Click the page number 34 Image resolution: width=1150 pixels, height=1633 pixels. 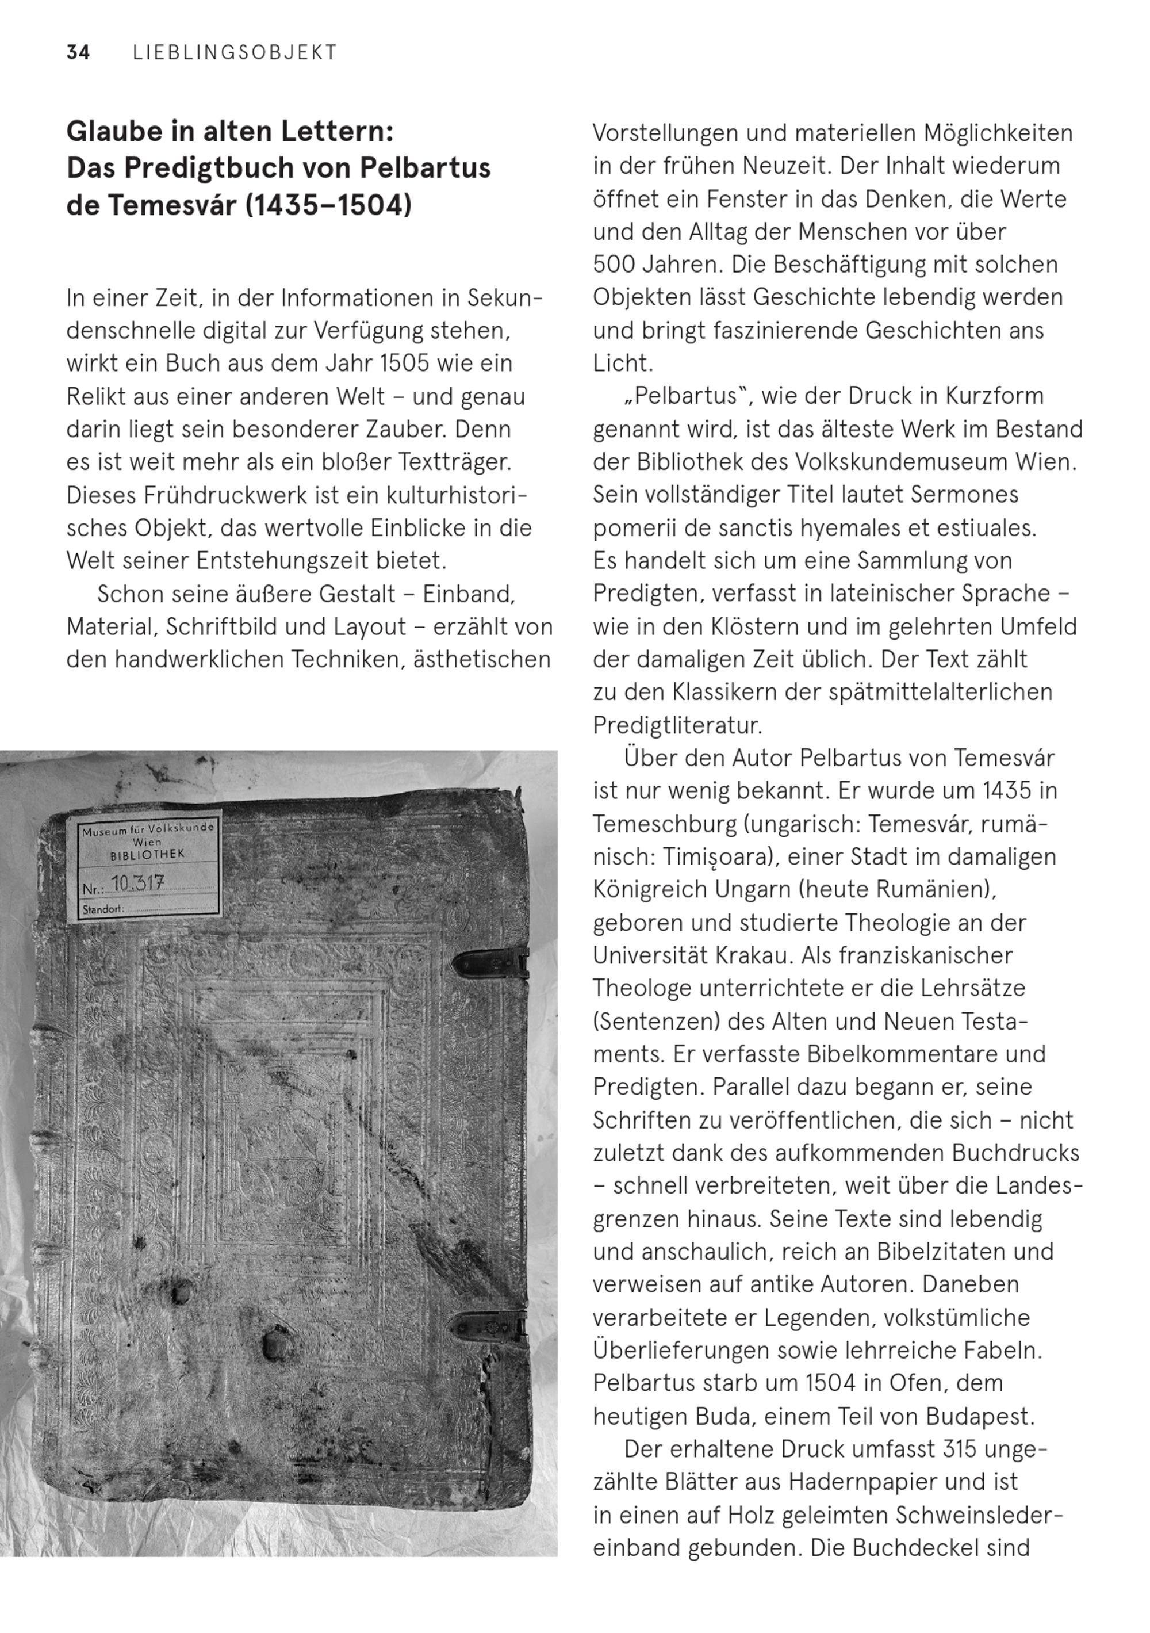coord(78,53)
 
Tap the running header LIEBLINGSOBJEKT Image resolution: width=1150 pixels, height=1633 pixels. coord(235,53)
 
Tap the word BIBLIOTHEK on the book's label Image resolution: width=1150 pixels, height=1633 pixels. coord(147,854)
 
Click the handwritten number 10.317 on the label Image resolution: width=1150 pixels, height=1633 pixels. coord(138,884)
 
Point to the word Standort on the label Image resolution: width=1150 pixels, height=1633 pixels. coord(102,909)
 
